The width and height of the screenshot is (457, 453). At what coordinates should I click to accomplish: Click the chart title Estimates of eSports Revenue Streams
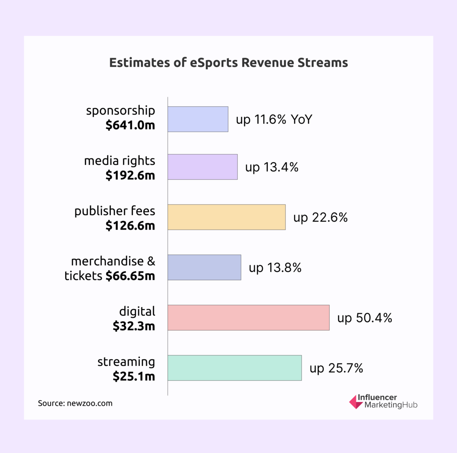(228, 62)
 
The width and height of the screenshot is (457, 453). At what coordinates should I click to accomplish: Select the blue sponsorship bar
(198, 119)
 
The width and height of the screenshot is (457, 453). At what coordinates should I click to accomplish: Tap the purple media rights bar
(202, 167)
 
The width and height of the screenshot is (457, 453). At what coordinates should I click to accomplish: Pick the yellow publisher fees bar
(226, 217)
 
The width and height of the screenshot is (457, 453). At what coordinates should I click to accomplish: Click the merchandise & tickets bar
(204, 267)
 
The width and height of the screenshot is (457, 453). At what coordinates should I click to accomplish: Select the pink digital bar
(248, 317)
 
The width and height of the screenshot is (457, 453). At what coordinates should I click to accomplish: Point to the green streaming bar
(234, 368)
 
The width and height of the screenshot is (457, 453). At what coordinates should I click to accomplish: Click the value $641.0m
(130, 125)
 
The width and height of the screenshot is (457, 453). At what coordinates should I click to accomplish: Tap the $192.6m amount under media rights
(130, 175)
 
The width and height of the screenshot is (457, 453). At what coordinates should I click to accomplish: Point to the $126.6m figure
(130, 226)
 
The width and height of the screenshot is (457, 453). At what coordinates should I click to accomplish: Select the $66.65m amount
(130, 276)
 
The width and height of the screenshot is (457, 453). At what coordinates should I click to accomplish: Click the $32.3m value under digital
(134, 326)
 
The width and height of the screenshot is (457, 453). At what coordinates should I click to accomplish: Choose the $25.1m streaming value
(134, 376)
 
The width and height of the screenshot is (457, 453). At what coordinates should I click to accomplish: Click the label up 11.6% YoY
(274, 120)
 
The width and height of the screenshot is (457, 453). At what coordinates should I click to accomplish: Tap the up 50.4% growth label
(364, 318)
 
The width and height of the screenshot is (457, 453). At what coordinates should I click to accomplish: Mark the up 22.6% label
(320, 217)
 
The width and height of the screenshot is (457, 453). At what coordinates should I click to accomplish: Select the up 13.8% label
(275, 268)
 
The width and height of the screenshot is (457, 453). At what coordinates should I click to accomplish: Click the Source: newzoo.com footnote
(75, 404)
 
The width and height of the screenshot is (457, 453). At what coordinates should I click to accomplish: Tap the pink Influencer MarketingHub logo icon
(356, 402)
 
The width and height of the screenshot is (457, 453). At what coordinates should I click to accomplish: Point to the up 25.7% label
(336, 368)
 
